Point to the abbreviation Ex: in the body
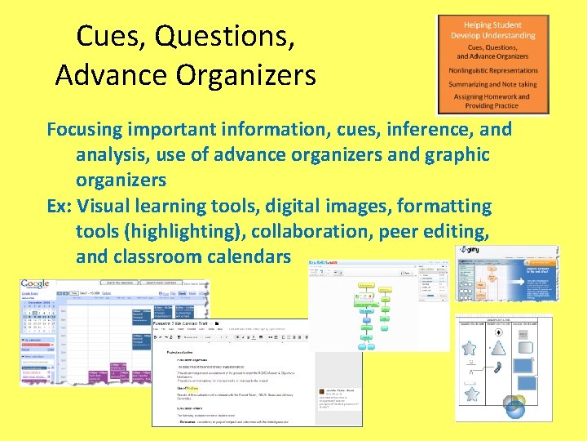(x=61, y=206)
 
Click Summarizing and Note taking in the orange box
(x=492, y=83)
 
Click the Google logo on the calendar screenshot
(x=36, y=285)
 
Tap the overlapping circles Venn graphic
(x=515, y=405)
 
